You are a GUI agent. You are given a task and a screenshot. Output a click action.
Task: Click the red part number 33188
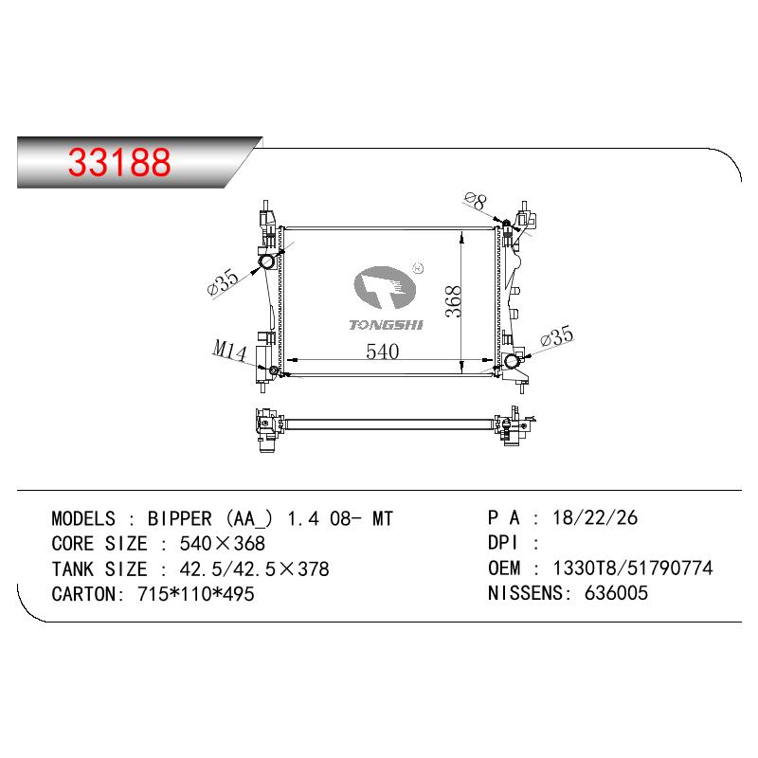pos(119,161)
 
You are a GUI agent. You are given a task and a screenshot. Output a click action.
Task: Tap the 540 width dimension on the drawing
pos(383,352)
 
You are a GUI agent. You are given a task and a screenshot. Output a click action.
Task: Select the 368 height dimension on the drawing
pos(454,301)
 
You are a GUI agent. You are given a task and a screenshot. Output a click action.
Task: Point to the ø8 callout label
pos(476,200)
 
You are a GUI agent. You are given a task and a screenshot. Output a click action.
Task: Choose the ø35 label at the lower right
pos(557,335)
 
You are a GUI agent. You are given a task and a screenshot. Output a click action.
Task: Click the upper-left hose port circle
pos(267,262)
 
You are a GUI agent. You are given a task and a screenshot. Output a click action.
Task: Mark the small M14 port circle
pos(273,370)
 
